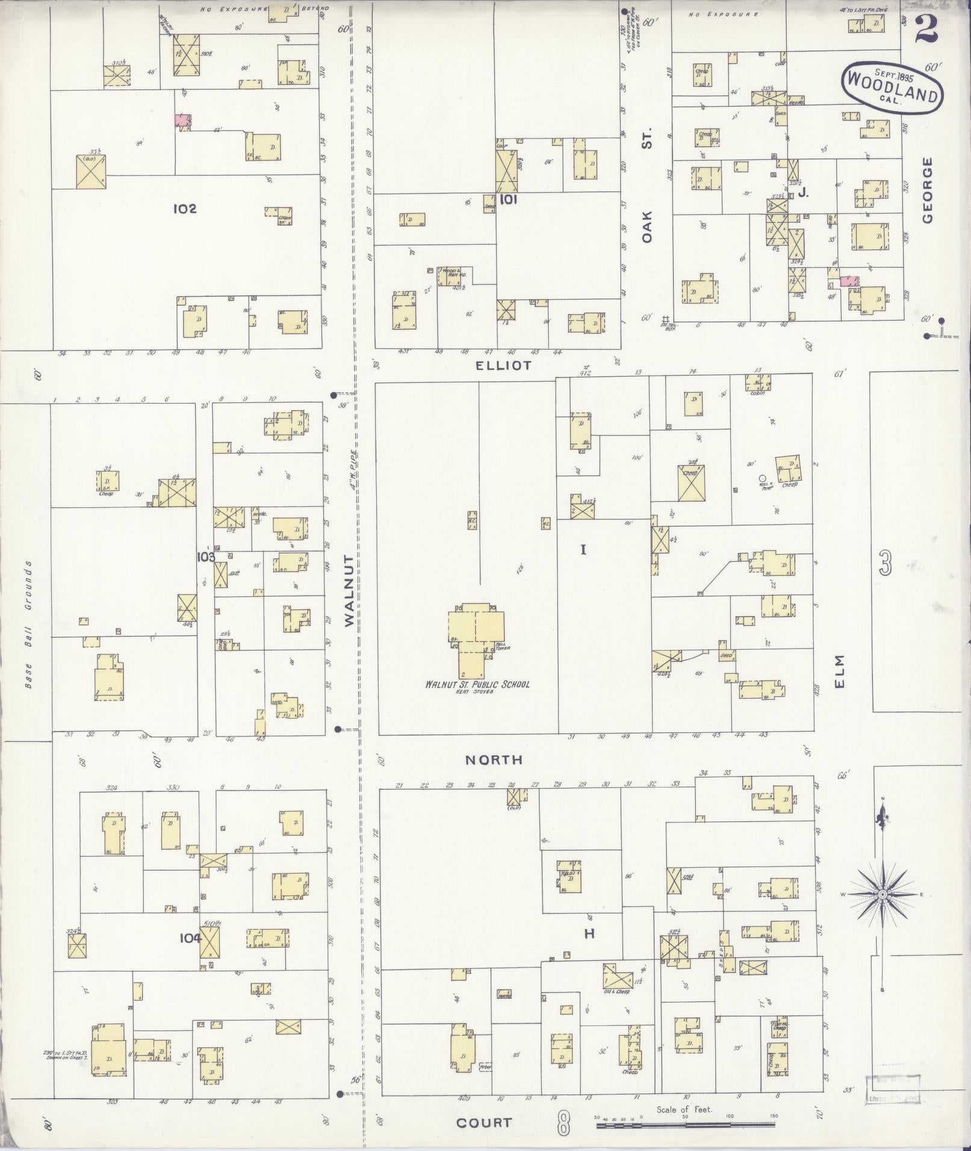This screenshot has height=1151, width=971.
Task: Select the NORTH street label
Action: click(494, 760)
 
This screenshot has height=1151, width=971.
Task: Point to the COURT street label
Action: click(484, 1123)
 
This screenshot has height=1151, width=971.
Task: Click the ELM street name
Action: click(841, 671)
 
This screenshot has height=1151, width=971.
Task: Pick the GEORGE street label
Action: click(927, 190)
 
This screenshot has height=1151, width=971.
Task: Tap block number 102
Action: click(185, 209)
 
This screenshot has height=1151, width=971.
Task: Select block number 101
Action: click(509, 199)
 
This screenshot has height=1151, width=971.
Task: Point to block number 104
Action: click(189, 937)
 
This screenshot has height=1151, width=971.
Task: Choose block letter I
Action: click(583, 549)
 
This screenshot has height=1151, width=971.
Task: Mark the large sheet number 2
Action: click(928, 29)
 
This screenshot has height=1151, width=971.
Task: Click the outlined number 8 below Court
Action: click(563, 1123)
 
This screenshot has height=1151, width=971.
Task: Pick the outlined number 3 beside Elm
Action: click(885, 566)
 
